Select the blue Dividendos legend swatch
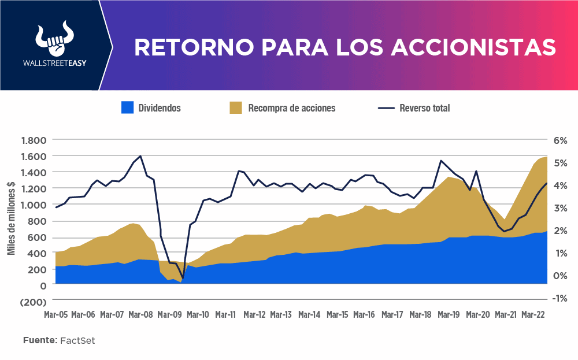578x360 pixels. [127, 107]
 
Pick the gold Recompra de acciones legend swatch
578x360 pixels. [235, 107]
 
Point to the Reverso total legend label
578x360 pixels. [424, 108]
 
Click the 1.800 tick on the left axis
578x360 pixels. [33, 140]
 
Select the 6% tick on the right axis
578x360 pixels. [561, 140]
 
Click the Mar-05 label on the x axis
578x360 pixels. [56, 315]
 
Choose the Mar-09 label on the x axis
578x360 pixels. [169, 315]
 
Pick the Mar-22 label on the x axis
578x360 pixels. [533, 315]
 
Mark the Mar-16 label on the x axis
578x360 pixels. [364, 315]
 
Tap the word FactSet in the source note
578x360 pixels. [77, 340]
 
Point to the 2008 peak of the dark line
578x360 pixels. [141, 156]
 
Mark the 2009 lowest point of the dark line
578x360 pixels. [183, 279]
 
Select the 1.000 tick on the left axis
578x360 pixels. [33, 205]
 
